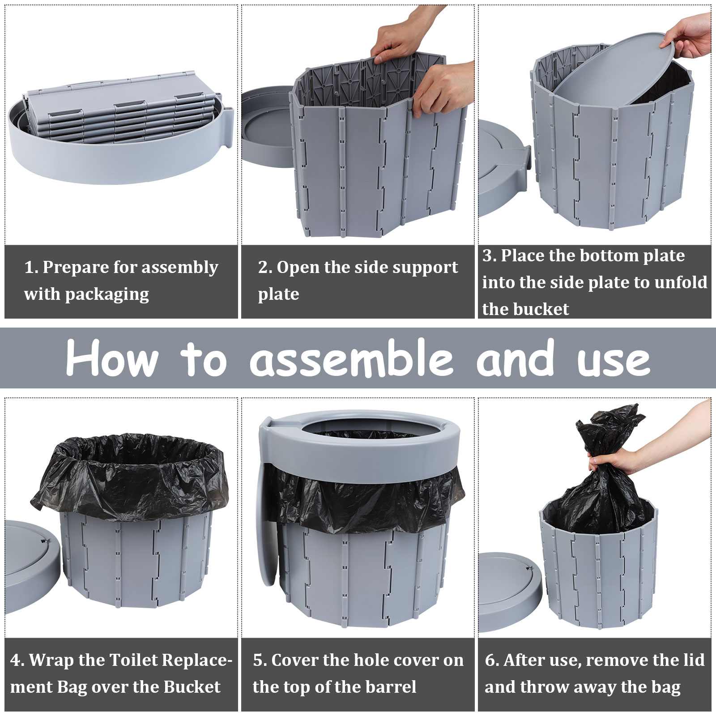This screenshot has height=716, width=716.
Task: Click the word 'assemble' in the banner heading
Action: point(352,358)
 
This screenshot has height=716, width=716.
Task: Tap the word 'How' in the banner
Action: point(112,358)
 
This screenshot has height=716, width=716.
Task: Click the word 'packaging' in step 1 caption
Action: point(107,295)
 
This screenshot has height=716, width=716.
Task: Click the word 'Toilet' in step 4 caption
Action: point(133,660)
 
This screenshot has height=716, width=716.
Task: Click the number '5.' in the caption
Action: point(260,661)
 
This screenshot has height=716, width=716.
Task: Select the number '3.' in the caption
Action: point(490,256)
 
